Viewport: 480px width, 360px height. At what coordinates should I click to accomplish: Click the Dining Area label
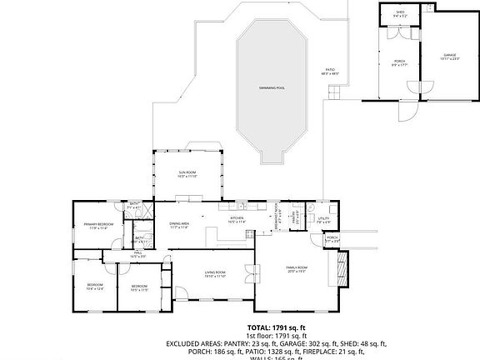tap(180, 226)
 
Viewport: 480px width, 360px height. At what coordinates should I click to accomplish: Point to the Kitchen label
tap(237, 220)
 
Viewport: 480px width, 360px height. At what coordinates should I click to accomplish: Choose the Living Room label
tap(216, 274)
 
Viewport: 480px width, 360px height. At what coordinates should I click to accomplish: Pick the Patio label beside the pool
tap(329, 72)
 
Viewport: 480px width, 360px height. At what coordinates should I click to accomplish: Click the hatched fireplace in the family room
tap(340, 266)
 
